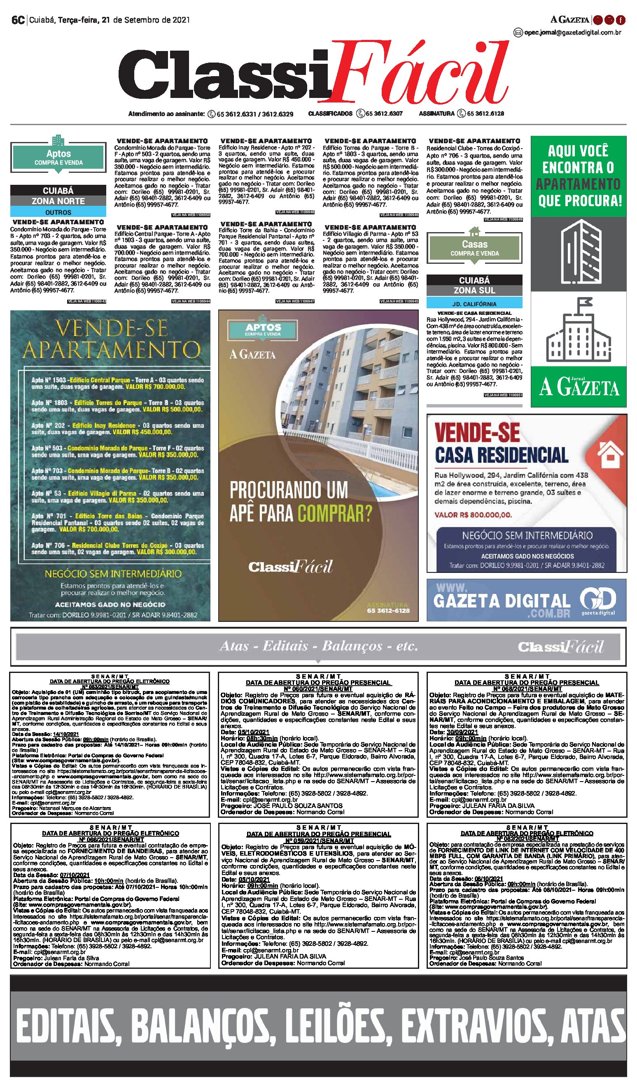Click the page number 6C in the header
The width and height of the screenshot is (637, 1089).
[18, 20]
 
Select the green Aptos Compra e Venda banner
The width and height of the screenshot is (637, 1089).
[58, 157]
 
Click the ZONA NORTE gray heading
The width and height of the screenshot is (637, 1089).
[58, 201]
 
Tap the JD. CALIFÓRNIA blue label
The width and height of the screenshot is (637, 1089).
[474, 304]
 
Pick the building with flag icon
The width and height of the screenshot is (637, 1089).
[578, 331]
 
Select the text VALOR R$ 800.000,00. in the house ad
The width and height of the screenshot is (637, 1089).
[473, 515]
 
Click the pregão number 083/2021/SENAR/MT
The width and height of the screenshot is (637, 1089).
[110, 686]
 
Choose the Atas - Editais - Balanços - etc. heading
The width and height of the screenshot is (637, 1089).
[318, 647]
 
